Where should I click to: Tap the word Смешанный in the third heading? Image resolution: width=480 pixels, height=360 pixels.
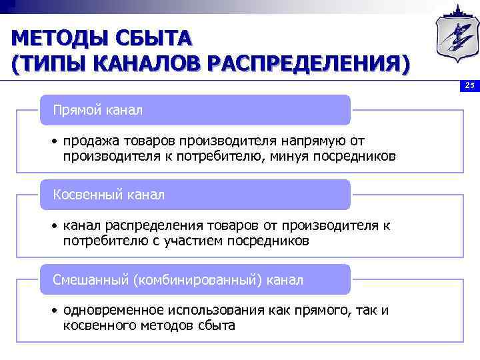coord(91,280)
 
